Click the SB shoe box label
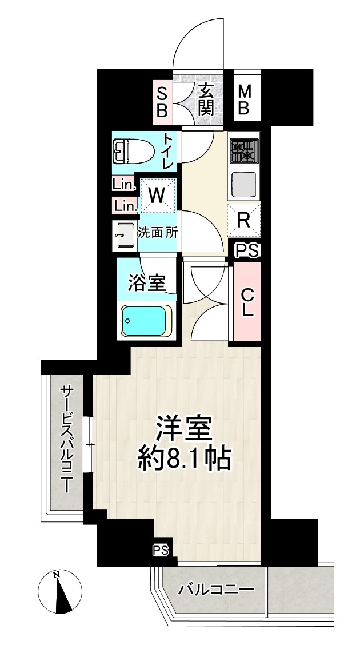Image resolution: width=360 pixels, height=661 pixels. click(162, 101)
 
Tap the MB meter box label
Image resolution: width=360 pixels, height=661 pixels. click(244, 100)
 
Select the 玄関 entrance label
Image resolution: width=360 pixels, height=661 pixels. click(206, 100)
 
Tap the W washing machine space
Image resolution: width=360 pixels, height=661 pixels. click(157, 195)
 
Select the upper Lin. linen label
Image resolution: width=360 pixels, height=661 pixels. click(123, 185)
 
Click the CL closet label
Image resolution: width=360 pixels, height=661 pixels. click(247, 303)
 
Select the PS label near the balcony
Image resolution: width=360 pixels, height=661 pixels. click(161, 550)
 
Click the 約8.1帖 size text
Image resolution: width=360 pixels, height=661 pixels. click(184, 457)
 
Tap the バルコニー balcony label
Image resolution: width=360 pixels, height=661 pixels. click(215, 589)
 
